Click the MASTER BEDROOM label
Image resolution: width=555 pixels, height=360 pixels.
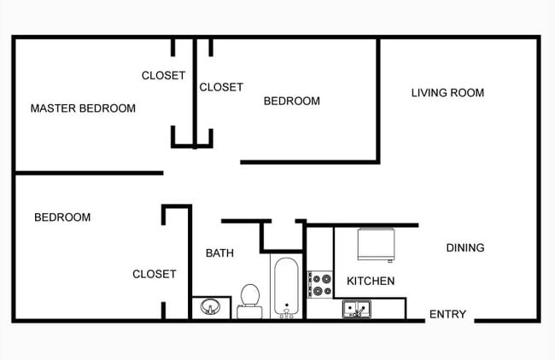[x=83, y=108]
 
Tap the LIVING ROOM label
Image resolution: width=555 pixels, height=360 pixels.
[x=447, y=93]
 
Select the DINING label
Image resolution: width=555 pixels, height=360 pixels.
[x=465, y=248]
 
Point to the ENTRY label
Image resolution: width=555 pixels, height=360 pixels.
[x=447, y=315]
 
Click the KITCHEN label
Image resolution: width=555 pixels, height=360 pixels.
[x=370, y=281]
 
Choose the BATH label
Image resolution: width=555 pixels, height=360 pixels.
[x=219, y=253]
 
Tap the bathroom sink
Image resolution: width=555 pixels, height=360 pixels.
[x=209, y=306]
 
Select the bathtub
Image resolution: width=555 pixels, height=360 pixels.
[x=285, y=287]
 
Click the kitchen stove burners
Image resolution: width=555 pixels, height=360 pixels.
[x=320, y=284]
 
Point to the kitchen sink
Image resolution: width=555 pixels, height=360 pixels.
[x=356, y=309]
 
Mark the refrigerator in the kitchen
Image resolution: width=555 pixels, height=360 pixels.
[x=375, y=244]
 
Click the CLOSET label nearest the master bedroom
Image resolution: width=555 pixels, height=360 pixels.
[x=163, y=75]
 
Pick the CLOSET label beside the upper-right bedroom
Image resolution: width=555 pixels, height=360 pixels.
[x=221, y=87]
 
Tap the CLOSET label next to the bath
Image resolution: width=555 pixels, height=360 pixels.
[x=154, y=274]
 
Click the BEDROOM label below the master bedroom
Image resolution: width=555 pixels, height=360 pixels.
[x=62, y=218]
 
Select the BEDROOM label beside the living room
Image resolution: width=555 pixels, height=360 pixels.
[x=291, y=101]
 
